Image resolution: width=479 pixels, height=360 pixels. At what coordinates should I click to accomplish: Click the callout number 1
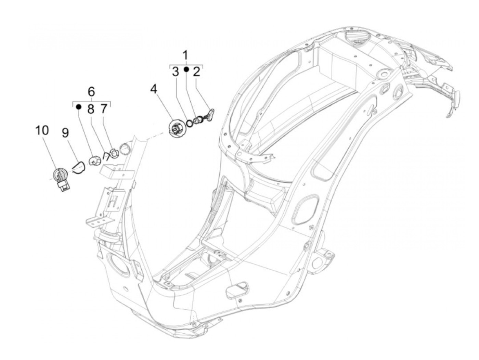coord(185,55)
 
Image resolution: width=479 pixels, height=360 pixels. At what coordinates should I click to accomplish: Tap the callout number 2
coord(196,72)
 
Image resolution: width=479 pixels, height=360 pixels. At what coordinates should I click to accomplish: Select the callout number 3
coord(175,72)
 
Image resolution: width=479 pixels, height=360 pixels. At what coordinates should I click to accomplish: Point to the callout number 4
coord(154,90)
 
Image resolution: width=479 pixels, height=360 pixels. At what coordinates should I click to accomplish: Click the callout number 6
coord(91,92)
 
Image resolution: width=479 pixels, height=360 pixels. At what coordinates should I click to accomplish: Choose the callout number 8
coord(90,109)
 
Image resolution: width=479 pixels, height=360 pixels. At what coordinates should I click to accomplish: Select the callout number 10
coord(42,130)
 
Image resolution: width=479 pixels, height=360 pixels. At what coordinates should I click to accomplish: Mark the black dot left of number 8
coord(78,106)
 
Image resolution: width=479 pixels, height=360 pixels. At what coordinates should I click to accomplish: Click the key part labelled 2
coord(209,115)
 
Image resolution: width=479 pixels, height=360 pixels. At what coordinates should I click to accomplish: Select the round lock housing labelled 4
coord(178,129)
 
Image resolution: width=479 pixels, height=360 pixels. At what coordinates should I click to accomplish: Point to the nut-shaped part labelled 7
coord(115,153)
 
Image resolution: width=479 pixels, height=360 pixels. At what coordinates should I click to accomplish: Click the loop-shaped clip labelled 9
coord(79,167)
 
